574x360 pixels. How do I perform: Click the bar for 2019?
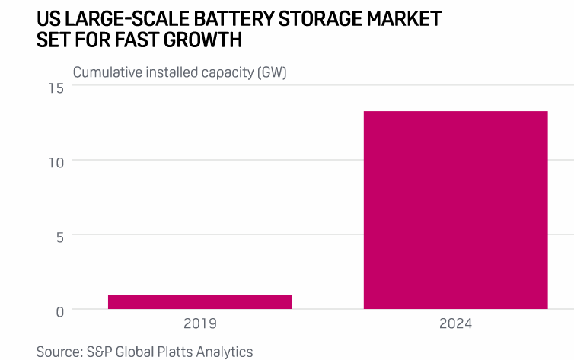[199, 302]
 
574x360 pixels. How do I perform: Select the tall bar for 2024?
[455, 210]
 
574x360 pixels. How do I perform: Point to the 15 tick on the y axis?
[56, 88]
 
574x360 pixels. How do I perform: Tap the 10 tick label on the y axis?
[56, 161]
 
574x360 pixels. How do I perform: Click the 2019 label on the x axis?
[199, 323]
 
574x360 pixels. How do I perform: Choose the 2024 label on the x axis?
[455, 323]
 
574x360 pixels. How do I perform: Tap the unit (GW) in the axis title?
[271, 73]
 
